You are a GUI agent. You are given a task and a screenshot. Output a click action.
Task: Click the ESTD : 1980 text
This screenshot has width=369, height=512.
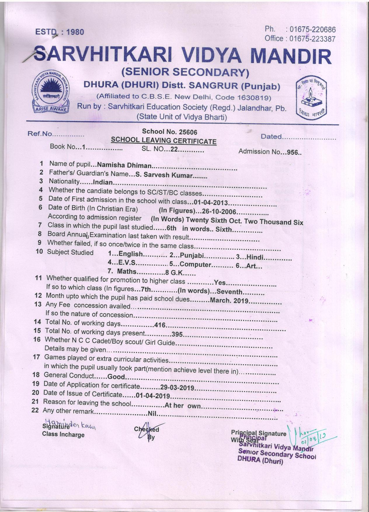[x=60, y=32]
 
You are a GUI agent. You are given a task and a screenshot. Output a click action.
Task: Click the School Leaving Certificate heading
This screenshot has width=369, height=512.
[x=163, y=141]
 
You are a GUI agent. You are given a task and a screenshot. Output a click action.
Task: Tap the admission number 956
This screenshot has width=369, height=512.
[x=294, y=152]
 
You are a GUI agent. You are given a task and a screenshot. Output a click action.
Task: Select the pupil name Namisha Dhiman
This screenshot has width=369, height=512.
[x=125, y=165]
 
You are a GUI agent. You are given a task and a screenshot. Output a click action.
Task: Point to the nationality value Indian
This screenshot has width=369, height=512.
[x=102, y=182]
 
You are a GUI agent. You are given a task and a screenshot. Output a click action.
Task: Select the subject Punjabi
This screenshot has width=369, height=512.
[x=192, y=256]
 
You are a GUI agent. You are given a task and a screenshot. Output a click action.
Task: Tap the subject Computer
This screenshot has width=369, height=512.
[x=195, y=264]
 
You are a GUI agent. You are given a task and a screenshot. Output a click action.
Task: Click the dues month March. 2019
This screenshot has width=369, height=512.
[x=229, y=301]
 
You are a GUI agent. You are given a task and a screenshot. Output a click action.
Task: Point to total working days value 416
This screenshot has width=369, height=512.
[x=160, y=325]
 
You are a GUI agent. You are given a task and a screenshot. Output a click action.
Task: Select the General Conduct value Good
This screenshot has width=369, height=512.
[x=116, y=377]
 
